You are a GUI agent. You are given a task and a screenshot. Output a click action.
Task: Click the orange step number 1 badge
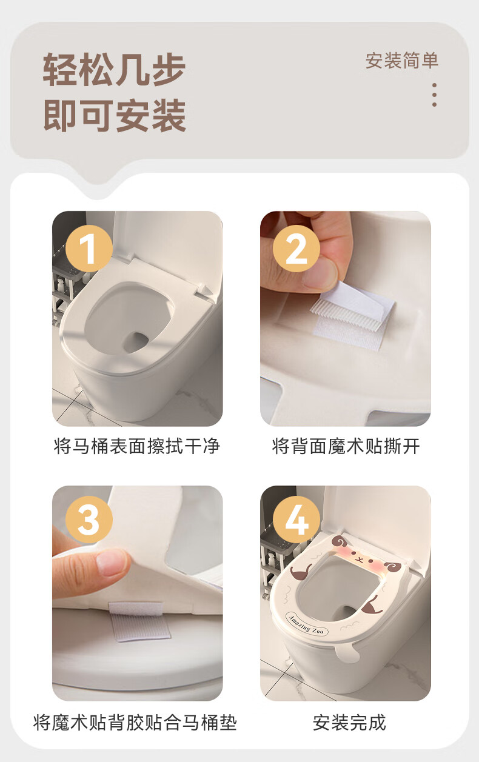click(x=89, y=249)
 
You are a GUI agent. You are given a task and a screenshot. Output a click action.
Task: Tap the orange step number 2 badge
click(x=296, y=249)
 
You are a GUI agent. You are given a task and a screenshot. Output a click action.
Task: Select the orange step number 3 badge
click(x=89, y=520)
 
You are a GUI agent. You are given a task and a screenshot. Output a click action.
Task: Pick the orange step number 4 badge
click(x=296, y=520)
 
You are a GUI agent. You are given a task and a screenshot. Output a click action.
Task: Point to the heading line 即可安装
click(x=115, y=115)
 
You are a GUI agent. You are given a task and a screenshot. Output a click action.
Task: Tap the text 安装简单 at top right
click(x=402, y=61)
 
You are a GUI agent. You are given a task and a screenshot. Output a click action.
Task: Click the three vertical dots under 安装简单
click(x=434, y=95)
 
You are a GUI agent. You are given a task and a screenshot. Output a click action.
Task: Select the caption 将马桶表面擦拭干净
click(x=137, y=446)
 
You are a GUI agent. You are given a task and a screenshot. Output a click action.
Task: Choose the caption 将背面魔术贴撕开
click(x=346, y=446)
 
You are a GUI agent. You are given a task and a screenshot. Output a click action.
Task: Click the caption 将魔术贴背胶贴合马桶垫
click(x=135, y=722)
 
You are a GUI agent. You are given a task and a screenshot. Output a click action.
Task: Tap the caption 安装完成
click(x=349, y=722)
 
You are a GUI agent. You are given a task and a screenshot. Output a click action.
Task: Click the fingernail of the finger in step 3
click(x=111, y=563)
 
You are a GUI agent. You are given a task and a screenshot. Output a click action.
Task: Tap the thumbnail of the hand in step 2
click(x=320, y=273)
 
